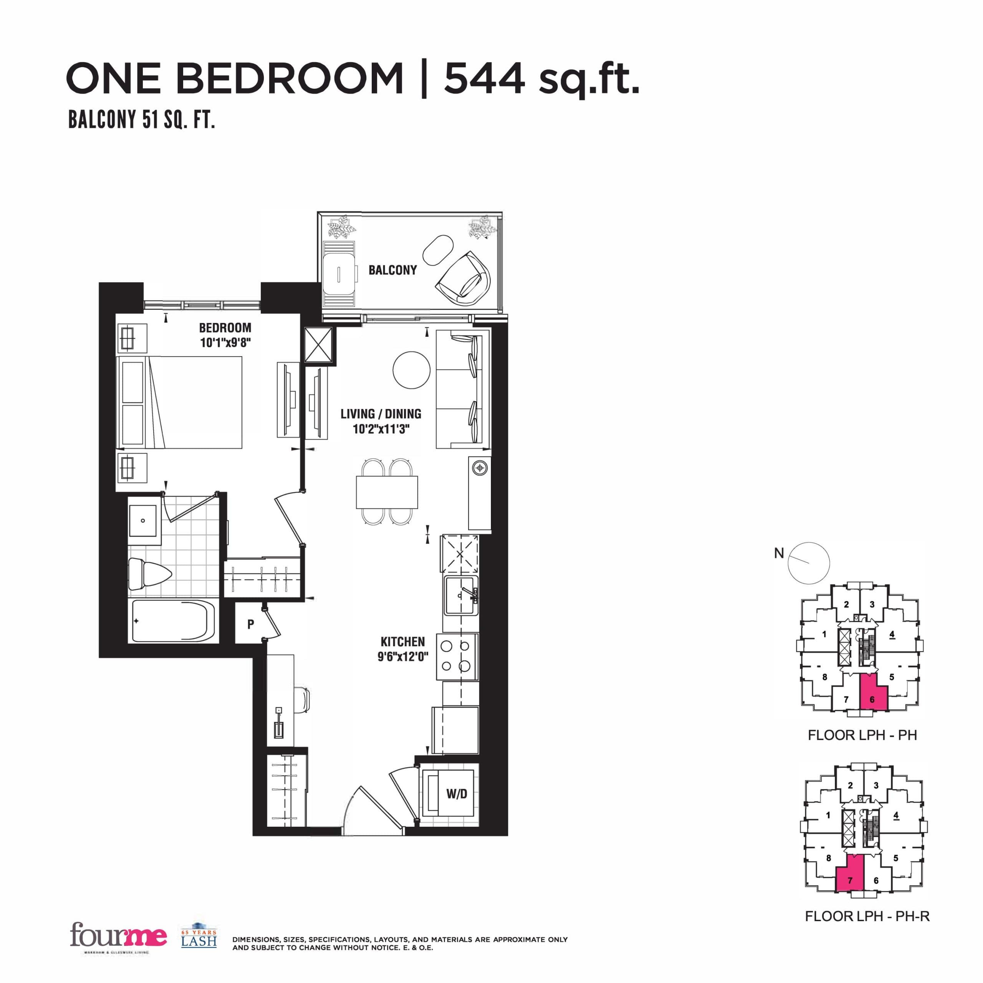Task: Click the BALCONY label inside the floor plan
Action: [392, 270]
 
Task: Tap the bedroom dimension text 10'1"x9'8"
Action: [225, 343]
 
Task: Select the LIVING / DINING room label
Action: [381, 414]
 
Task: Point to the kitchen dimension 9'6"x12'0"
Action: [402, 657]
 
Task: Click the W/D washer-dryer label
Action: [457, 793]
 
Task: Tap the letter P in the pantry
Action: [250, 625]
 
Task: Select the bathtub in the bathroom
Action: [172, 622]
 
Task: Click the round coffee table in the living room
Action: [412, 370]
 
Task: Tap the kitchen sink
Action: [460, 595]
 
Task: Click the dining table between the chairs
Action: [387, 492]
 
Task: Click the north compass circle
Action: [809, 563]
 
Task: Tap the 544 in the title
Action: [484, 79]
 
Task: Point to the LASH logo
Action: [199, 937]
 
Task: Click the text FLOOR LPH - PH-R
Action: [867, 916]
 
